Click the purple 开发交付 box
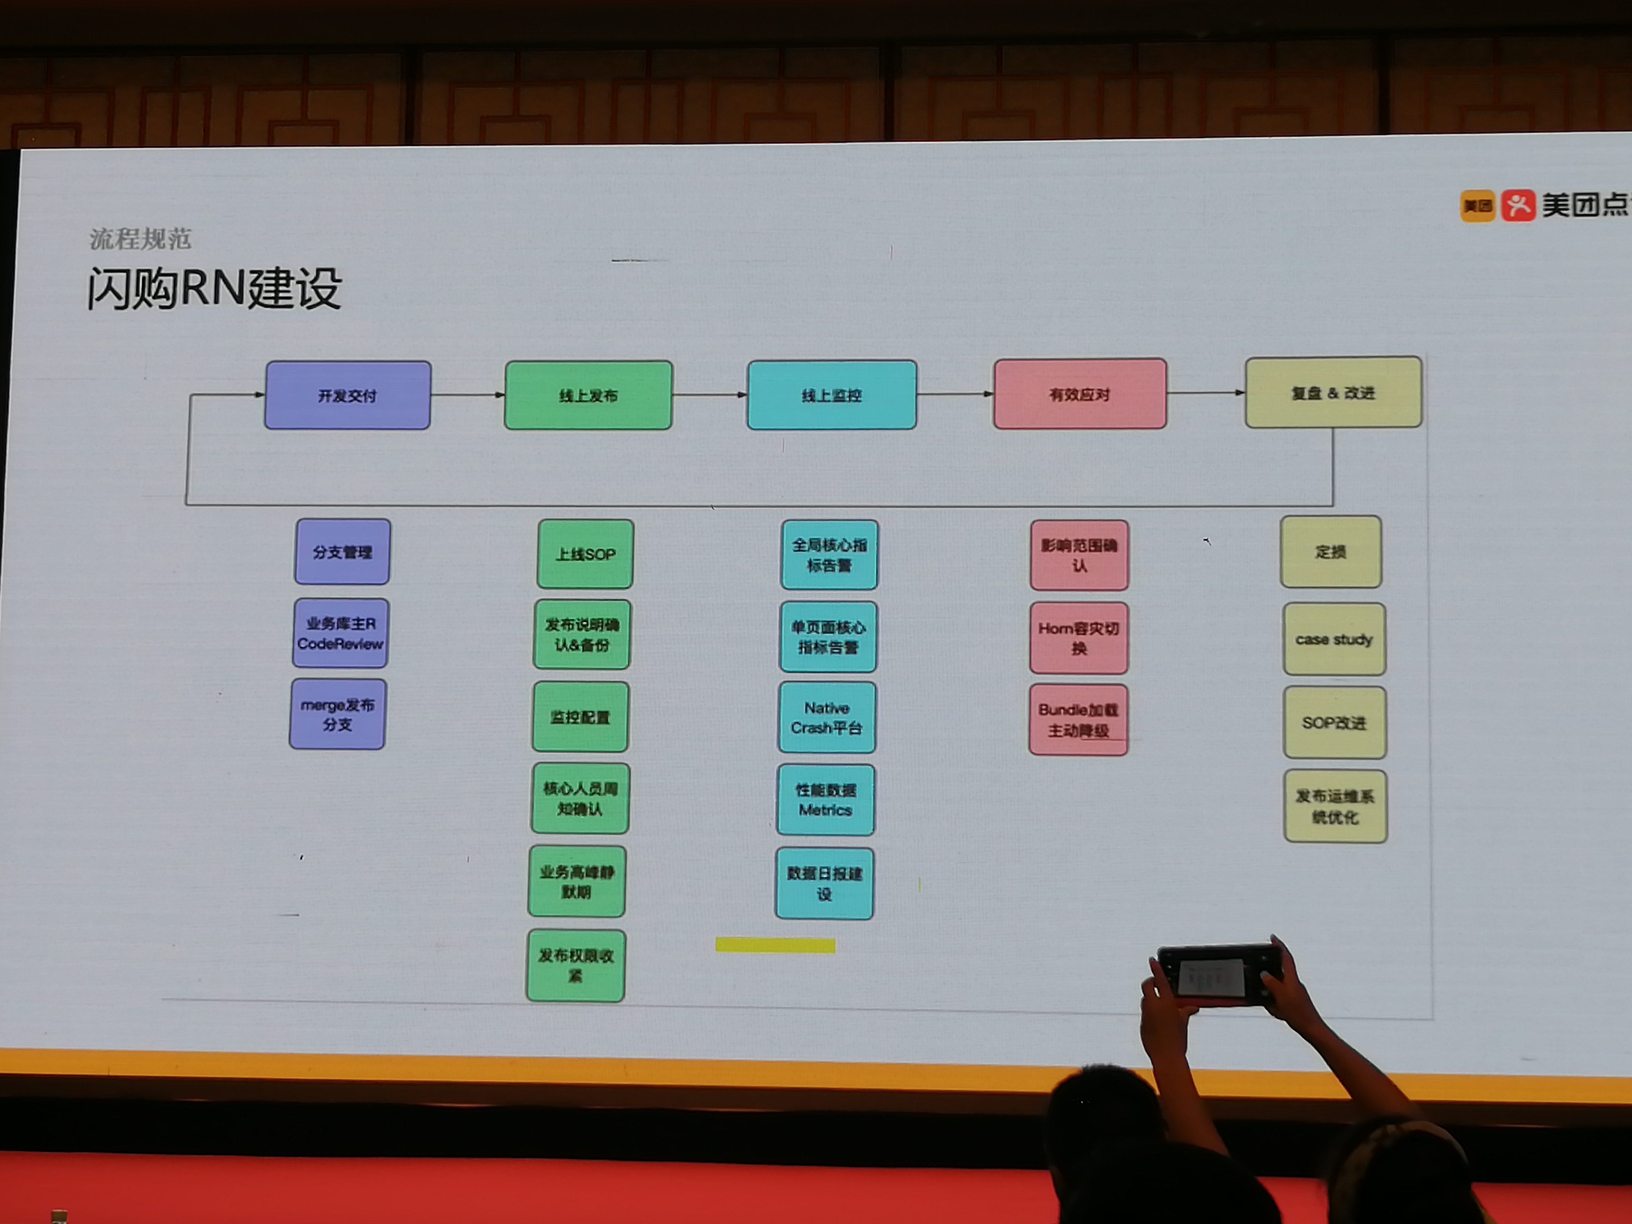pos(347,396)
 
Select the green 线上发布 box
pos(588,396)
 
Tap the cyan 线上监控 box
pos(832,395)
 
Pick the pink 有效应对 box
pos(1079,394)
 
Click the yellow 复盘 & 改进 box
pos(1332,392)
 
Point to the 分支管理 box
pos(342,552)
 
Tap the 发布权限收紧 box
pos(575,965)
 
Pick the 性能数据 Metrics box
pos(826,800)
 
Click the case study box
pos(1334,639)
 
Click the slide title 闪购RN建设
pos(214,288)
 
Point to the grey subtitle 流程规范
pos(140,238)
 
